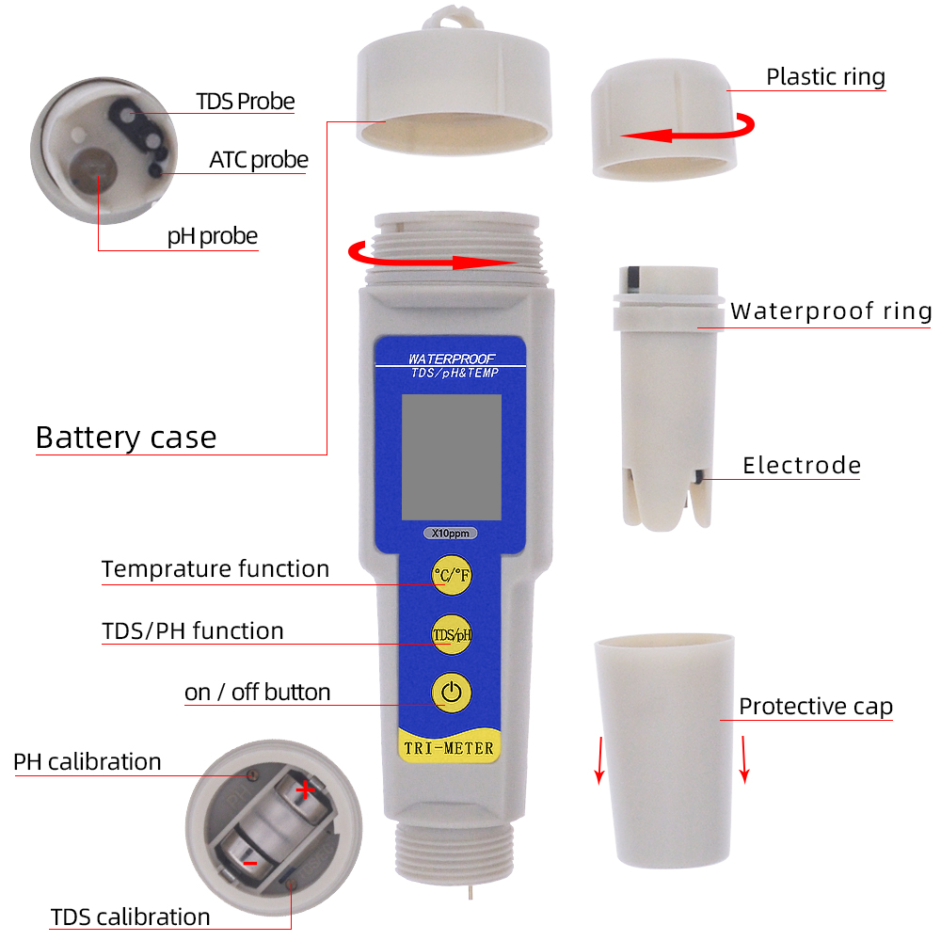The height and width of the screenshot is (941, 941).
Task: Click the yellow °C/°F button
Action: pyautogui.click(x=452, y=576)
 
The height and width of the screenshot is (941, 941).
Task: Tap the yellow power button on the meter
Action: pyautogui.click(x=452, y=694)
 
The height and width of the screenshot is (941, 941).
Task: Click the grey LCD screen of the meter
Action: pyautogui.click(x=451, y=456)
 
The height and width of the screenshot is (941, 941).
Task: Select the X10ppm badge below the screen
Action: pyautogui.click(x=451, y=534)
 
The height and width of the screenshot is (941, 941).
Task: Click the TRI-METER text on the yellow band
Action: pyautogui.click(x=451, y=748)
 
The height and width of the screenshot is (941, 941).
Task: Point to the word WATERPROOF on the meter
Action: pyautogui.click(x=452, y=359)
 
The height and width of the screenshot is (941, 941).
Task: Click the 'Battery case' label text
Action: pyautogui.click(x=126, y=438)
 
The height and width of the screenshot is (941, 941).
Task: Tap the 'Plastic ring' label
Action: pyautogui.click(x=825, y=76)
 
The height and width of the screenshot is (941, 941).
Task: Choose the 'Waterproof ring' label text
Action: pyautogui.click(x=831, y=311)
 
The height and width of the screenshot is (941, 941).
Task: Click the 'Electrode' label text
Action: pyautogui.click(x=802, y=465)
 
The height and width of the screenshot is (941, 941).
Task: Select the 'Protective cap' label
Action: pyautogui.click(x=815, y=707)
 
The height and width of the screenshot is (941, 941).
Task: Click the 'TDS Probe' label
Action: pyautogui.click(x=245, y=102)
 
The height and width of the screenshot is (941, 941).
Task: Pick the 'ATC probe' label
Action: pyautogui.click(x=258, y=161)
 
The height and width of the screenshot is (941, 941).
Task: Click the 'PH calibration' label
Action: pyautogui.click(x=88, y=761)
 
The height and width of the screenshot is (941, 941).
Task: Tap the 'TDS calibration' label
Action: pyautogui.click(x=130, y=917)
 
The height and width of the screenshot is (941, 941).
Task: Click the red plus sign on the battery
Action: pyautogui.click(x=305, y=790)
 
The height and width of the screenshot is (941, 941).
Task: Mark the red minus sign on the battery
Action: pyautogui.click(x=249, y=862)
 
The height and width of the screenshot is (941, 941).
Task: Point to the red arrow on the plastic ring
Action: pyautogui.click(x=687, y=132)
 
